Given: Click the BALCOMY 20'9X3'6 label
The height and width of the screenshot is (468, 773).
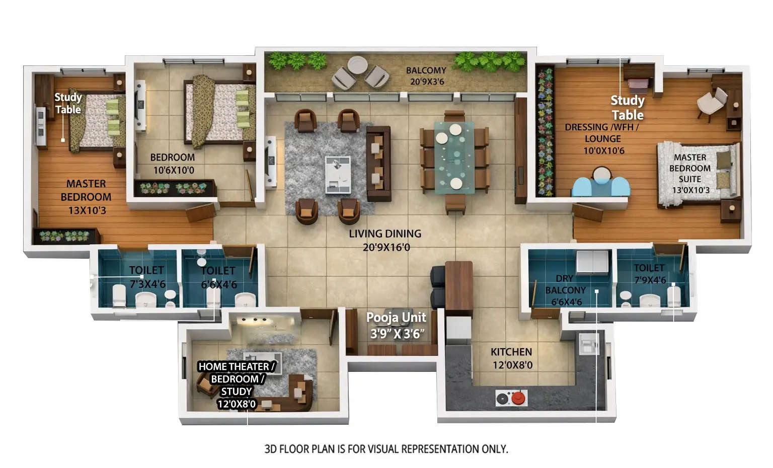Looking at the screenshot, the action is point(426,76).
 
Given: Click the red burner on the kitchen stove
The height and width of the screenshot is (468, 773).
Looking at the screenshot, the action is point(518,399).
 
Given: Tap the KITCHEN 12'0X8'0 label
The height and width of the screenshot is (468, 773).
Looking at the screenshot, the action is point(511,358).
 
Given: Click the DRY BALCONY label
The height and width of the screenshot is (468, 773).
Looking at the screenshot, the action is point(566,290).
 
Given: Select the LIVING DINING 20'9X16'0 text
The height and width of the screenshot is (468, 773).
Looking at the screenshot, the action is point(385,240).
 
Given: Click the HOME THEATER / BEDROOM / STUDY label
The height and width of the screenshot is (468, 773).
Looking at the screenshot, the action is point(237,385).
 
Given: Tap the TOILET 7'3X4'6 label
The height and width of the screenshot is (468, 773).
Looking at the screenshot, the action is point(146,277).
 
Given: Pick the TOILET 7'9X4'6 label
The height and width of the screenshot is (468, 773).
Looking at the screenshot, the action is point(649,274).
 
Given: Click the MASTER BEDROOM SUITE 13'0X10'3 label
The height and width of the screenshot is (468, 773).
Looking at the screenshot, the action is point(690,174).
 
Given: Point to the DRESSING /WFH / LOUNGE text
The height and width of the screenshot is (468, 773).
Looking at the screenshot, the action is point(602,138).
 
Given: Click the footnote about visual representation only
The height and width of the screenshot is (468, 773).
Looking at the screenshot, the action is point(386,449).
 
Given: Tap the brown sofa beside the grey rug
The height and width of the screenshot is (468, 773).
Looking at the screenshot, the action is point(378,164).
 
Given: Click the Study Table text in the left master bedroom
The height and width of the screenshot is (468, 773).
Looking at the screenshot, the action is point(68,103).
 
